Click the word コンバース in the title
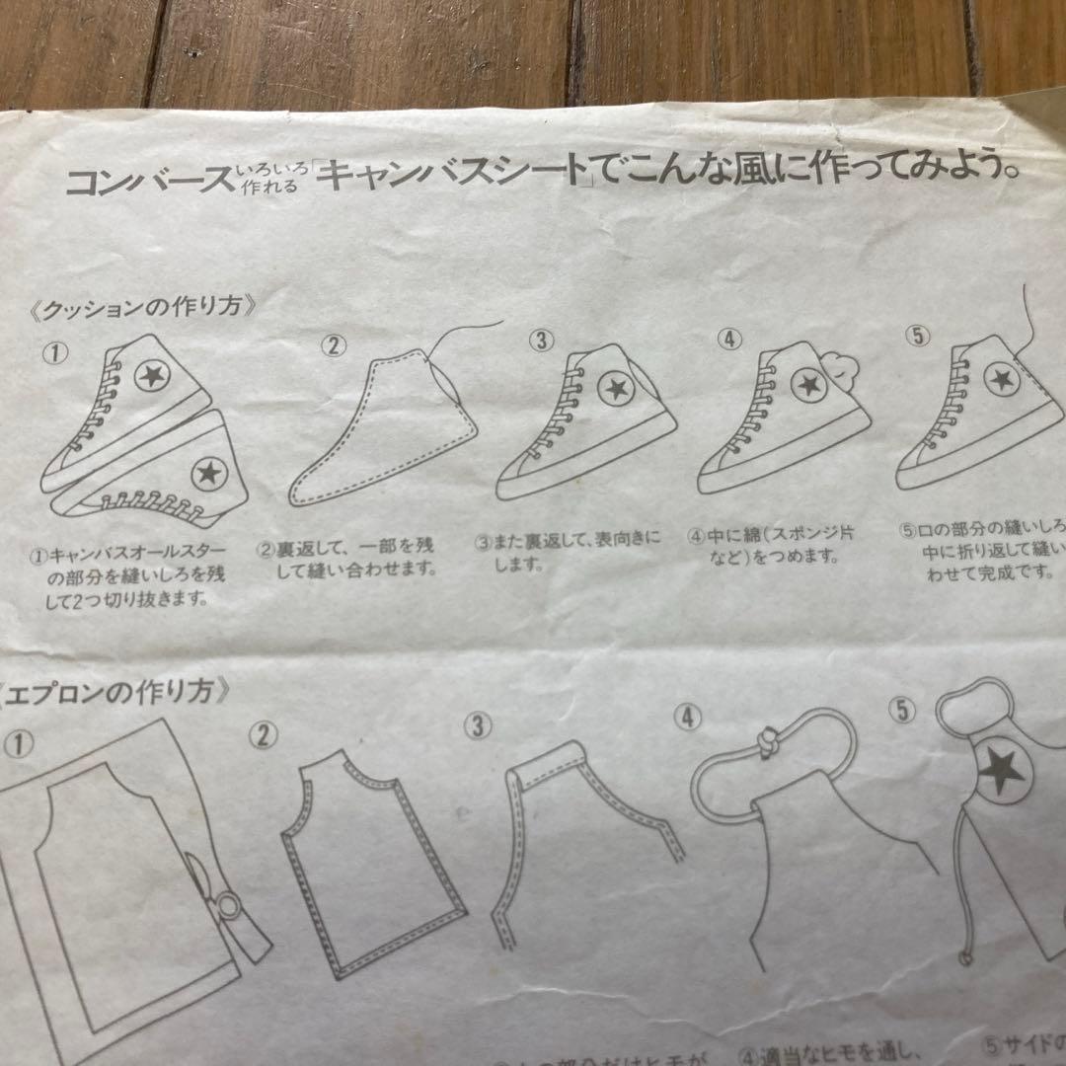tap(149, 182)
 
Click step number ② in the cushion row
tap(336, 345)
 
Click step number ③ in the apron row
tap(478, 726)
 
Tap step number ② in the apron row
tap(263, 735)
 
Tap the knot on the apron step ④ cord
tap(766, 744)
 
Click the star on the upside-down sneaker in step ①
tap(206, 475)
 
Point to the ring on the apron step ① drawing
tap(229, 906)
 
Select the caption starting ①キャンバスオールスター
tap(128, 574)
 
